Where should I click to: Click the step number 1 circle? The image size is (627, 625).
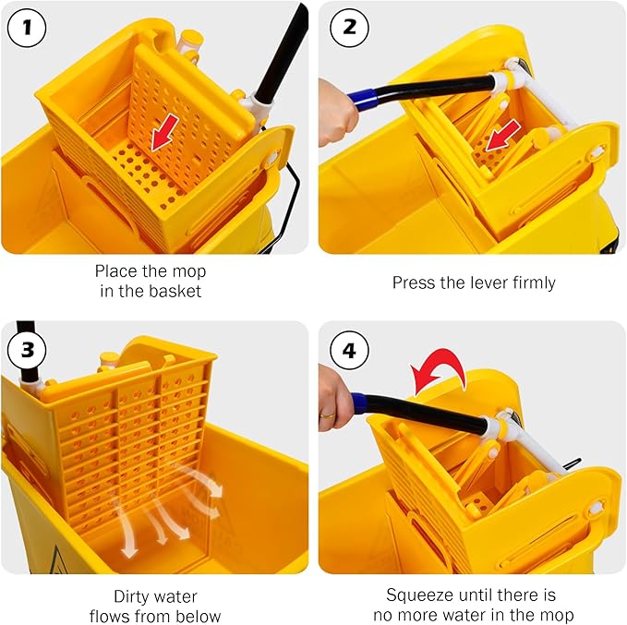click(x=28, y=28)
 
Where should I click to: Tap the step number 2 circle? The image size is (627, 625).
click(x=348, y=28)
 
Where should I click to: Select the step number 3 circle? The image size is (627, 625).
click(x=28, y=349)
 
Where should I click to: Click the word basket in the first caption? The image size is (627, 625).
click(x=176, y=292)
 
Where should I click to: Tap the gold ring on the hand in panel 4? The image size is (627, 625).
click(x=329, y=416)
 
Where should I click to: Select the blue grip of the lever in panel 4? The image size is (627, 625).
click(x=370, y=403)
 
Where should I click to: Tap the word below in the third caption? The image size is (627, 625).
click(x=199, y=615)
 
